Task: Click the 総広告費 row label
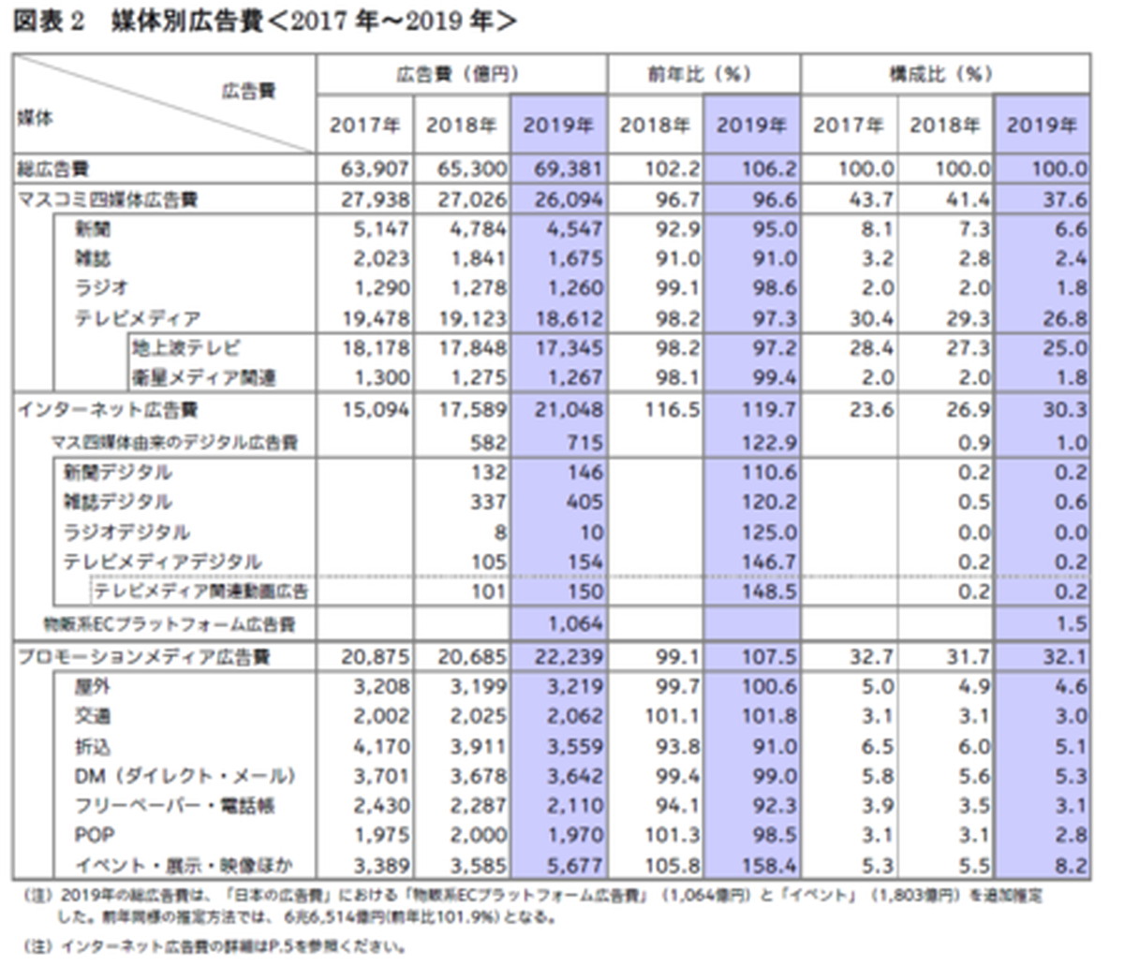(x=52, y=170)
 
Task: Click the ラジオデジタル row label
(x=127, y=533)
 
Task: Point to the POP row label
(x=95, y=835)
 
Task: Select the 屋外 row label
(x=93, y=687)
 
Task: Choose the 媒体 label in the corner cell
(x=35, y=118)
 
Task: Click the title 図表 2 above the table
(x=49, y=21)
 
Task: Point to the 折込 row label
(x=93, y=747)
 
